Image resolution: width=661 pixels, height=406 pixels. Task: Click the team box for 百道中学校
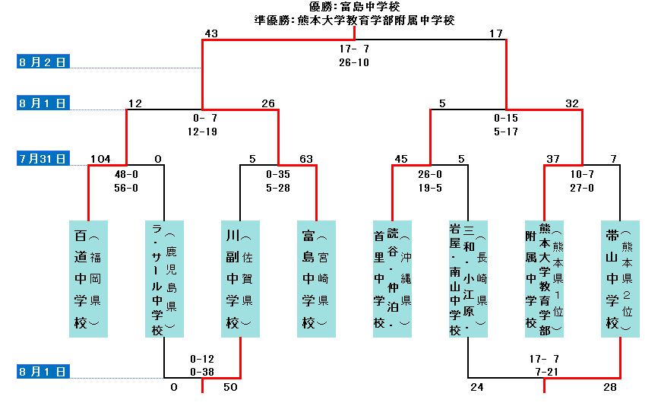click(x=88, y=278)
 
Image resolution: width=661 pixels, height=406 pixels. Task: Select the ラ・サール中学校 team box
click(x=164, y=278)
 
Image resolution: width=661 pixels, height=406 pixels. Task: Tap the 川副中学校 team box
click(x=240, y=278)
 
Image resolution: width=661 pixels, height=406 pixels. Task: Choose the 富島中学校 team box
click(x=316, y=278)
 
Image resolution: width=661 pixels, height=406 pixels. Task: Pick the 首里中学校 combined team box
click(x=392, y=278)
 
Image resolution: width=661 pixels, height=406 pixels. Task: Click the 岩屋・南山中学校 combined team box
click(x=468, y=278)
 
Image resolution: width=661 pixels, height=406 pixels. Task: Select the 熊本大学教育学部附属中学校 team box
click(x=544, y=278)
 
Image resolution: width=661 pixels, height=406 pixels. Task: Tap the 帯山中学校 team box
click(x=620, y=278)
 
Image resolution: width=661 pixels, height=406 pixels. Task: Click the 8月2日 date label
click(x=43, y=62)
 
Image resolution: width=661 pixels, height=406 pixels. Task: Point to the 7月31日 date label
click(x=43, y=159)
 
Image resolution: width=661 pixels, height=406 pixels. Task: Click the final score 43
click(x=211, y=33)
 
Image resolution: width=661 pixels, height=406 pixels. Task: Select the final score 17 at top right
click(x=496, y=33)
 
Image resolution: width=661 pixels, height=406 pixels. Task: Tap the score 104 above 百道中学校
click(x=100, y=159)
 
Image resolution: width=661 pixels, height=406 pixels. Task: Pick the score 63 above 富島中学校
click(x=306, y=159)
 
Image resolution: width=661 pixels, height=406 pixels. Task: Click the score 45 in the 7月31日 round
click(x=402, y=159)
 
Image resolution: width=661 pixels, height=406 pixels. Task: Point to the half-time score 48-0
click(x=126, y=173)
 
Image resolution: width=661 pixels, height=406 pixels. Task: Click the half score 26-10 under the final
click(x=354, y=62)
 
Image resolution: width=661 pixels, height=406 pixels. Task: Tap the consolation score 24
click(x=477, y=388)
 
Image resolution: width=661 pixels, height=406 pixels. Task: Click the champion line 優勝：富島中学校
click(x=355, y=7)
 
